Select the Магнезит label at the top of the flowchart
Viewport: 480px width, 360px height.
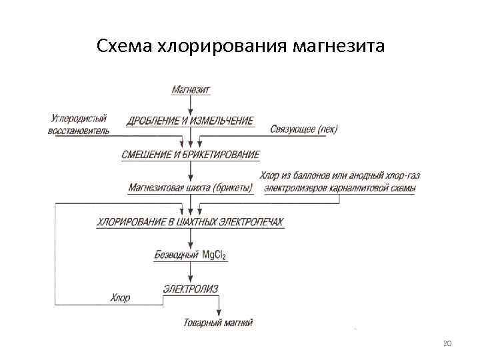pos(191,89)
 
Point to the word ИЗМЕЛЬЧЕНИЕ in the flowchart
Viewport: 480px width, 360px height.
pos(222,121)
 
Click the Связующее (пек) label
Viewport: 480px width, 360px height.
pos(304,129)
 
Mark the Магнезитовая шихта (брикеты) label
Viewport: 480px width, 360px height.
pos(191,189)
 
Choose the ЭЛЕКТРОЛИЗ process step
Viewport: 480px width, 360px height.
pos(191,289)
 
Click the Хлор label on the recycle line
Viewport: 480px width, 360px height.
pos(121,298)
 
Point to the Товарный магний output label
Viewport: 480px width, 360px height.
pos(218,323)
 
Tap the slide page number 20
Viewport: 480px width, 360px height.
pos(447,343)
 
